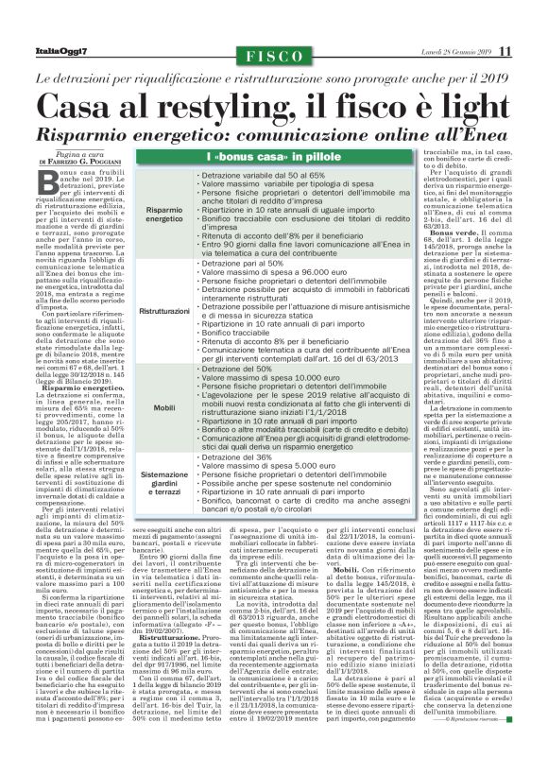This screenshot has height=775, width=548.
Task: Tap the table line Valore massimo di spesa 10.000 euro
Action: pos(262,376)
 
